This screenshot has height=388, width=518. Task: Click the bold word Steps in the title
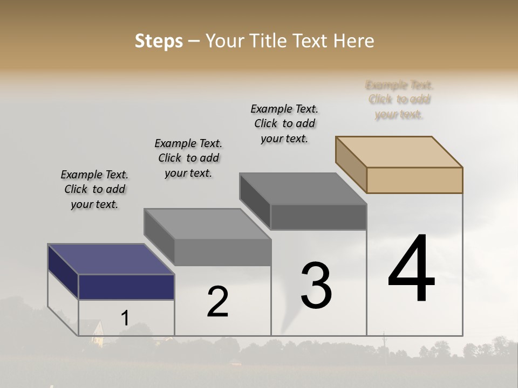159,41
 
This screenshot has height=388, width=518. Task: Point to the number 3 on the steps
316,286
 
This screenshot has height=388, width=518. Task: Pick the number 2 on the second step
217,302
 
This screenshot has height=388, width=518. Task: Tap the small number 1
125,318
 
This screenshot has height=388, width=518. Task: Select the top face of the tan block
399,151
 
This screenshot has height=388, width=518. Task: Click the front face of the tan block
414,180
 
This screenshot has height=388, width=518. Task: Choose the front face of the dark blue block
126,287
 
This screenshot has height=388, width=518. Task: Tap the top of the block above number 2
207,224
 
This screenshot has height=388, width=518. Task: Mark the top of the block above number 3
303,188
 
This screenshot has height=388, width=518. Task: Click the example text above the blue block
94,189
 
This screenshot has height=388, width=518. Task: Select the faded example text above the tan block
399,100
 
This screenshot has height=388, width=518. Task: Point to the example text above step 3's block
284,123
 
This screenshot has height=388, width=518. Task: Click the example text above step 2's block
188,158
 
